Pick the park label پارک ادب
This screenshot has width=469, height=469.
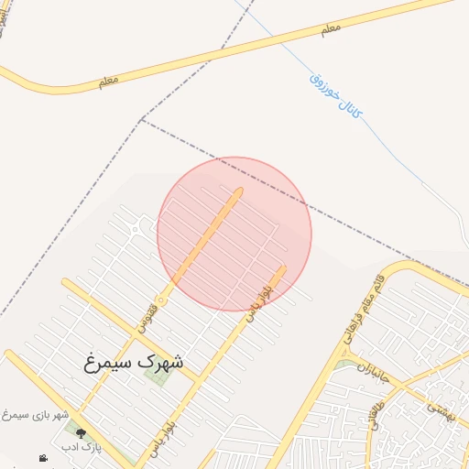coord(82,447)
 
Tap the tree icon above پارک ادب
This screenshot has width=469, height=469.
coord(81,433)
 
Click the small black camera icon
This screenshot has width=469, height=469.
coord(43,458)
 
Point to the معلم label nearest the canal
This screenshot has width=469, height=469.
coord(331,29)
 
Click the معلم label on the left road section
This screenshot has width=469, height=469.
coord(108,82)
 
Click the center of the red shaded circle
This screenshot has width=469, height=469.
coord(234,234)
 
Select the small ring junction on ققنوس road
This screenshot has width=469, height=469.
coord(160,300)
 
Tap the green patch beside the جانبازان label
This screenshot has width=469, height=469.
coord(344,366)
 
